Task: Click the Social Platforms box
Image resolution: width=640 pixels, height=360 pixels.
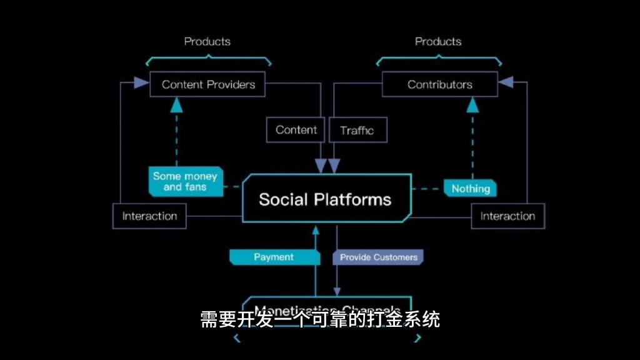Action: coord(326,199)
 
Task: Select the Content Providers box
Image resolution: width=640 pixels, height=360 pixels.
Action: coord(207,84)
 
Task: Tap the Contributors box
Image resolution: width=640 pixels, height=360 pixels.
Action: coord(439,84)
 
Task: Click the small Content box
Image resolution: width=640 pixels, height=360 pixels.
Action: coord(296,130)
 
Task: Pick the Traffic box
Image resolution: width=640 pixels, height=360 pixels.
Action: coord(357,131)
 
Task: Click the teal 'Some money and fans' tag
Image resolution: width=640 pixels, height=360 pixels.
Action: coord(186,181)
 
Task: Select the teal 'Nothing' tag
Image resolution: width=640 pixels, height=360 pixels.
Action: coord(471,188)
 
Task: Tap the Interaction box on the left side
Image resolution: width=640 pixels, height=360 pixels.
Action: coord(149,216)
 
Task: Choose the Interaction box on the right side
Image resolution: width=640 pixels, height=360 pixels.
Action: coord(507,216)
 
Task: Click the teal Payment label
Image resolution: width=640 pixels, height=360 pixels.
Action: coord(273,257)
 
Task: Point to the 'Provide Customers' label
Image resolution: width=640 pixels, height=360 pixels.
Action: coord(378,257)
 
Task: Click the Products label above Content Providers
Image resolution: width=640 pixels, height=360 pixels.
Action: coord(207,42)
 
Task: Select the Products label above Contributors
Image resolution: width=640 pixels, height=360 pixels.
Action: coord(438,42)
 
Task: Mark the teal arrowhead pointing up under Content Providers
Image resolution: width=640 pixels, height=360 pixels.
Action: coord(177,104)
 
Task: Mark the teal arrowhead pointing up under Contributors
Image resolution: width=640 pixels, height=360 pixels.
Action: coord(472,104)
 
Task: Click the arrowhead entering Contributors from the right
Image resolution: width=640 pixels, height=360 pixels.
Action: coord(506,81)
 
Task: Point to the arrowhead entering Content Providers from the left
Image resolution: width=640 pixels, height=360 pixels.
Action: coord(142,81)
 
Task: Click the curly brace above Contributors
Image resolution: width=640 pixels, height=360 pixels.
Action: coord(438,60)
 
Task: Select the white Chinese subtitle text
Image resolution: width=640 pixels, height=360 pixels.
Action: coord(320,319)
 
